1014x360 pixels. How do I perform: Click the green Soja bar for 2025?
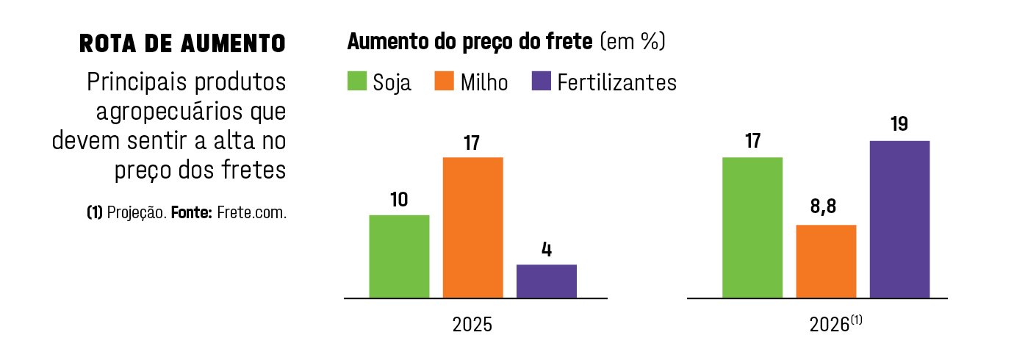399,256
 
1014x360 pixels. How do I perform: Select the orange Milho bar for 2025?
472,228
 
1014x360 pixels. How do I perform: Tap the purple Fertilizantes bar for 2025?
546,281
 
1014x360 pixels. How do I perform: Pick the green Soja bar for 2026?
752,228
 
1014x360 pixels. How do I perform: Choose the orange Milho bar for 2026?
826,262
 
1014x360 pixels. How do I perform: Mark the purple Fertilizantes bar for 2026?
899,220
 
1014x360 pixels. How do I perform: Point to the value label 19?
899,124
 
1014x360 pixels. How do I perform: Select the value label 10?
399,199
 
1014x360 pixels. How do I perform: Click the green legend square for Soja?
356,81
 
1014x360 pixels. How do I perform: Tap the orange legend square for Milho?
444,81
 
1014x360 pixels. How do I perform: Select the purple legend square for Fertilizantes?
540,81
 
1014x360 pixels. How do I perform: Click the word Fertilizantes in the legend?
616,82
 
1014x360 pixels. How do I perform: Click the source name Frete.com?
251,214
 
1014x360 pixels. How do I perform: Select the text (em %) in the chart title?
633,42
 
